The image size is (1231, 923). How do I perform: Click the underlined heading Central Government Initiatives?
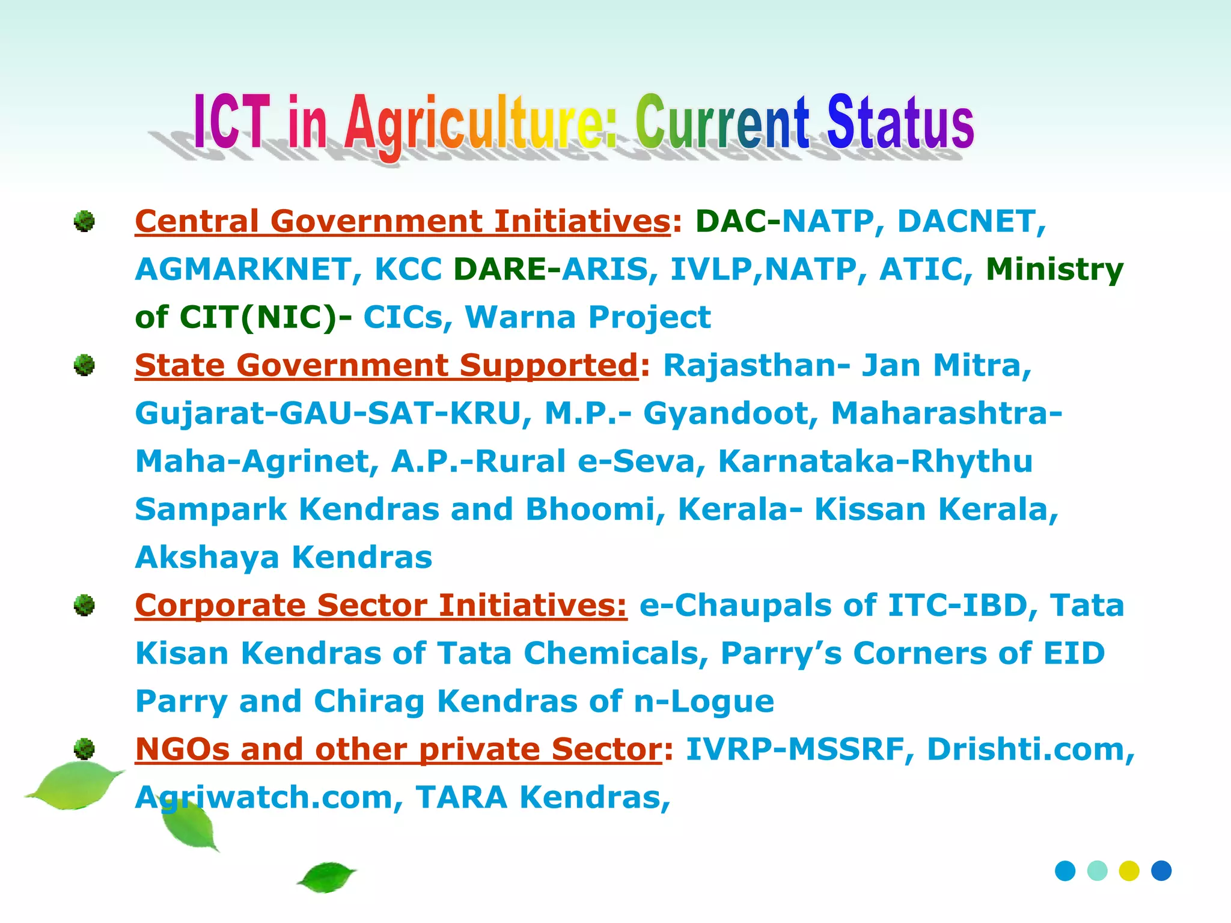pyautogui.click(x=402, y=221)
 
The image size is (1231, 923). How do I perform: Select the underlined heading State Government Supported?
pyautogui.click(x=386, y=365)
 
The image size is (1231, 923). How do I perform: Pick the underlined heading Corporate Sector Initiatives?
pyautogui.click(x=380, y=605)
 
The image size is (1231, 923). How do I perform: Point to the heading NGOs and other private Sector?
pyautogui.click(x=398, y=749)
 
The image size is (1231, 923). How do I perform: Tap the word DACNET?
pyautogui.click(x=971, y=221)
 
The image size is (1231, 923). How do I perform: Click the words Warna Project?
pyautogui.click(x=588, y=317)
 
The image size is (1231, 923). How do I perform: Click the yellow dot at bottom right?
pyautogui.click(x=1129, y=871)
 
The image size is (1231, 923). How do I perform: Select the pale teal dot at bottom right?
pyautogui.click(x=1097, y=871)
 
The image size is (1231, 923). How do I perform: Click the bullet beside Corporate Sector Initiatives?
pyautogui.click(x=84, y=605)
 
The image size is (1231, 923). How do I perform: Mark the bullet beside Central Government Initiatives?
pyautogui.click(x=84, y=221)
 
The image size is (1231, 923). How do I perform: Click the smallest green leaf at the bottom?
pyautogui.click(x=326, y=877)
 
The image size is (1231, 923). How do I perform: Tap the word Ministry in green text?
pyautogui.click(x=1054, y=269)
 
